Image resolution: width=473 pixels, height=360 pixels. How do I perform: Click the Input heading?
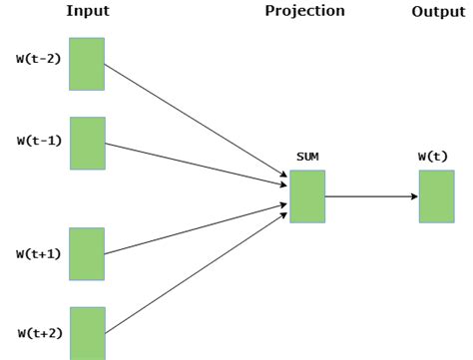click(x=87, y=11)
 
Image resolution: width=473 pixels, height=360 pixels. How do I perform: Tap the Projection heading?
click(x=304, y=11)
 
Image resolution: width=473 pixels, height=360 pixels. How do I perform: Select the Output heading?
click(x=437, y=11)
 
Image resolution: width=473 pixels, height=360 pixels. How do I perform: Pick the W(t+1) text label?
click(x=38, y=253)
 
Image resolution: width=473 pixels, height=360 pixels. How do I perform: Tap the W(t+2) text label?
click(x=38, y=331)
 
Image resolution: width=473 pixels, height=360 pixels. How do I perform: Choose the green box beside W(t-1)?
click(x=87, y=142)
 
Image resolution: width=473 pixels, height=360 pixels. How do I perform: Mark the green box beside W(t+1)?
click(x=87, y=253)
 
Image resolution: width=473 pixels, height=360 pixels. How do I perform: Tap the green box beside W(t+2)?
click(x=87, y=333)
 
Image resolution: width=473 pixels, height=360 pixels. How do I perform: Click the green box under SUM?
click(x=306, y=196)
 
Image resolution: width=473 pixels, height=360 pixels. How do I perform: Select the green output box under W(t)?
click(x=436, y=196)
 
